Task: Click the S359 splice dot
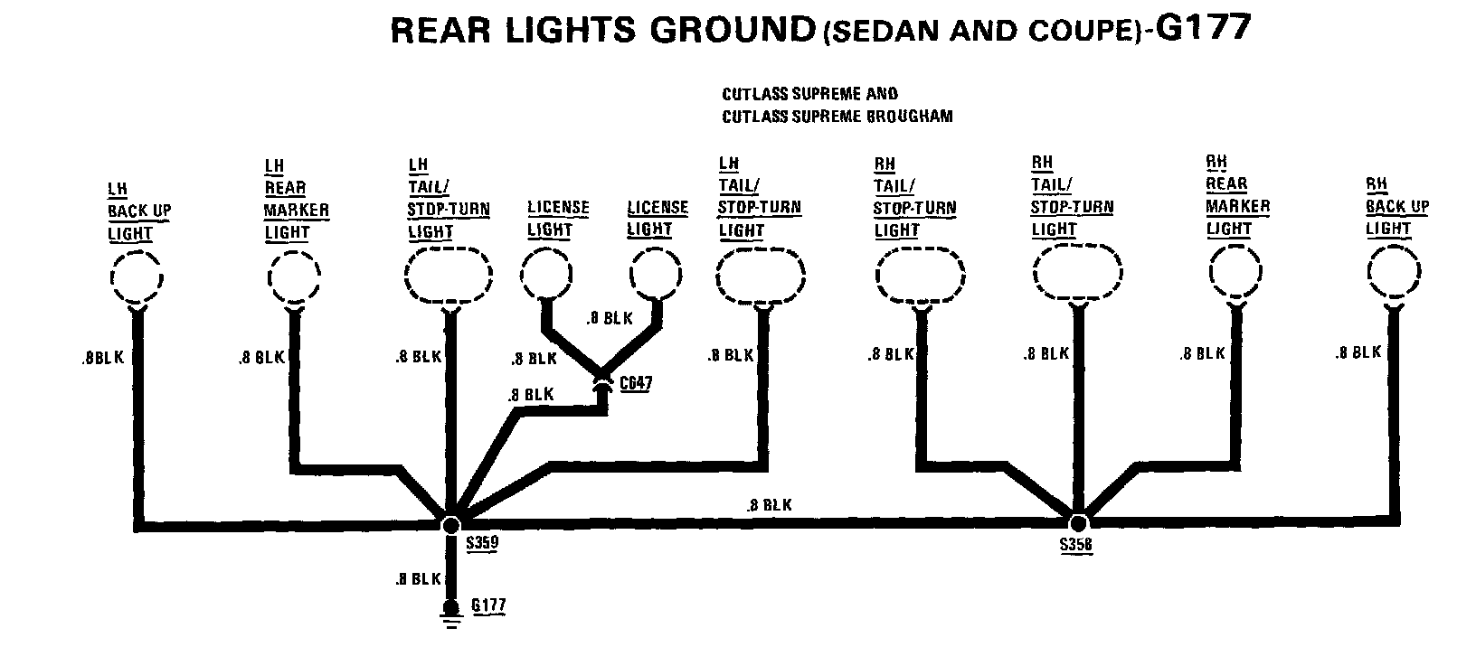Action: tap(449, 523)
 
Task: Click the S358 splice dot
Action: tap(1077, 522)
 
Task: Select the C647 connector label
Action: tap(636, 383)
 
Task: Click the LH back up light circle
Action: tap(136, 276)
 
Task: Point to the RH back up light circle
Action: tap(1394, 272)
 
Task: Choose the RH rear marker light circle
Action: tap(1235, 271)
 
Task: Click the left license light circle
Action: tap(546, 272)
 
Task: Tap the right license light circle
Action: tap(655, 272)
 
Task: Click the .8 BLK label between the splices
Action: tap(769, 505)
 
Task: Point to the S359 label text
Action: tap(482, 544)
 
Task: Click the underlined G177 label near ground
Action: tap(488, 605)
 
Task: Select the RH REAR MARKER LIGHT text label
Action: tap(1236, 195)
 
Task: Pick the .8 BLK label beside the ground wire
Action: tap(418, 579)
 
